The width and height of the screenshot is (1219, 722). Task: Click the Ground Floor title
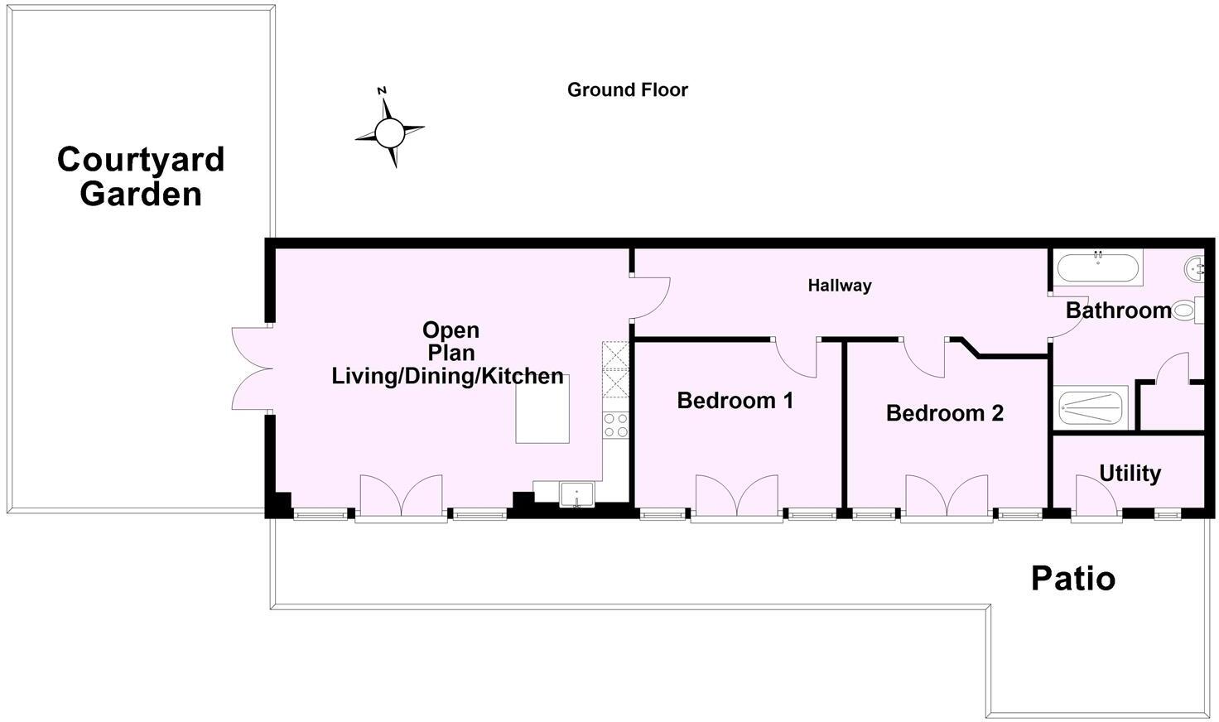coord(627,89)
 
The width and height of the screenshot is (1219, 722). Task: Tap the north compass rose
coord(389,131)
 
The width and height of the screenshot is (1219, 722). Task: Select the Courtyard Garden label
coord(141,176)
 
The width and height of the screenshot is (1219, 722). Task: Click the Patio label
coord(1072,578)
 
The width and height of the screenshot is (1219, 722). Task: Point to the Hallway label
coord(840,286)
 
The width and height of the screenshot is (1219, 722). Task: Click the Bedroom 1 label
coord(735,401)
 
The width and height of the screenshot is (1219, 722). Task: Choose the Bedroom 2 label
coord(944,413)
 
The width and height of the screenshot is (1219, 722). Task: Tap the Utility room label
coord(1130,474)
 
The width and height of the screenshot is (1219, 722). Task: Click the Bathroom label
coord(1118,311)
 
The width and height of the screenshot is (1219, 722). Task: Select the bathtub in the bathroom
coord(1098,267)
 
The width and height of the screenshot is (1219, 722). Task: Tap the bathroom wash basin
coord(1194,267)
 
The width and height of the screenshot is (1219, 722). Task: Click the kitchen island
coord(542,415)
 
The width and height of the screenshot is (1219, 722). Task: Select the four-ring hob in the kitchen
coord(615,426)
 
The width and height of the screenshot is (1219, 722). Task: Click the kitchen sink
coord(576,494)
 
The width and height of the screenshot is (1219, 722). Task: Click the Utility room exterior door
coord(1095,498)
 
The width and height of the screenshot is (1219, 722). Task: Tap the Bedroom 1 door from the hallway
coord(797,357)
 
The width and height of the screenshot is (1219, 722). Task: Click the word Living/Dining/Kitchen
coord(447,377)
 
